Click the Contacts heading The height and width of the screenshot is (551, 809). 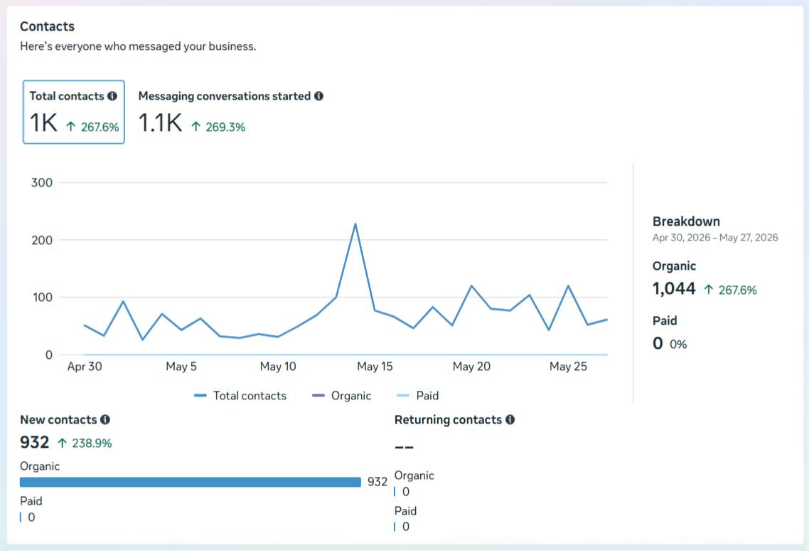click(x=47, y=26)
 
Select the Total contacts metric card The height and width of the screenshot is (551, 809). click(x=74, y=112)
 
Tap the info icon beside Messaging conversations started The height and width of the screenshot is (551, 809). click(x=319, y=96)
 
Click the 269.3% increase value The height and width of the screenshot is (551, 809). click(x=225, y=127)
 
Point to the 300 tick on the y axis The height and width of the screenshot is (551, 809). click(x=42, y=182)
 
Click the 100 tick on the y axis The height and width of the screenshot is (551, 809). click(x=42, y=297)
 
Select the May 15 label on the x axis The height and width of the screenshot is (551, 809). click(x=375, y=367)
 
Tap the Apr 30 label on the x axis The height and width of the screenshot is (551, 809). click(x=85, y=367)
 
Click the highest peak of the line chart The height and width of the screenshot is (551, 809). click(x=355, y=224)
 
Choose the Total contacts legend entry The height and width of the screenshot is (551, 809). click(x=240, y=396)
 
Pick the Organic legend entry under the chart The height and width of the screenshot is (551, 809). click(x=341, y=396)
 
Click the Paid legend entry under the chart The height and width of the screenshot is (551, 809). click(x=417, y=396)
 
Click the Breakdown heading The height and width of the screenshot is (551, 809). click(x=686, y=221)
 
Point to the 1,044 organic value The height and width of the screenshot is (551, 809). click(x=674, y=288)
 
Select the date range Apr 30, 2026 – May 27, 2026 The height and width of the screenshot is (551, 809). click(x=715, y=238)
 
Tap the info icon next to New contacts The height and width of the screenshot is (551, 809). click(x=105, y=420)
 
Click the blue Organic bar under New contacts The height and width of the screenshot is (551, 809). click(x=191, y=482)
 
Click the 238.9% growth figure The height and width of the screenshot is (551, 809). click(x=92, y=444)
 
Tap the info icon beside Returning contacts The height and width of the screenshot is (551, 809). click(x=510, y=420)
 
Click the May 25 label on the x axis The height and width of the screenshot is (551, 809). click(x=568, y=367)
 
